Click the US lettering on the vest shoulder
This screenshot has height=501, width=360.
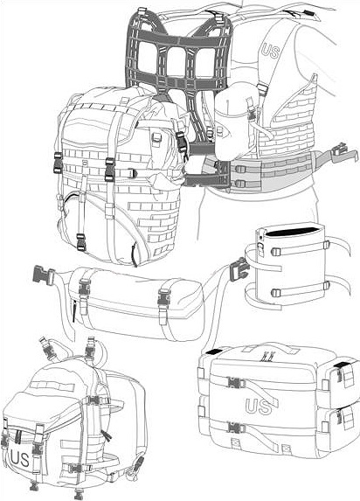click(x=270, y=51)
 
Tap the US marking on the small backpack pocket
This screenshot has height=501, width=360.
click(x=20, y=458)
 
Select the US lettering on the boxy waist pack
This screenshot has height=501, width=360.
click(x=260, y=406)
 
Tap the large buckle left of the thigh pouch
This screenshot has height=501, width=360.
click(x=239, y=270)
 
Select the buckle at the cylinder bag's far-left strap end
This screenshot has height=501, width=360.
click(x=44, y=275)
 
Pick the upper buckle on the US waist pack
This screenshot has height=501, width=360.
click(x=235, y=382)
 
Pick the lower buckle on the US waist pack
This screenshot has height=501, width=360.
click(x=235, y=428)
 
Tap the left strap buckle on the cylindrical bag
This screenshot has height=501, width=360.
click(x=85, y=288)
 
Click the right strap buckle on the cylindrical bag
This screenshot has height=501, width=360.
click(x=164, y=300)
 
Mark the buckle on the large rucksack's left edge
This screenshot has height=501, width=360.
click(x=59, y=163)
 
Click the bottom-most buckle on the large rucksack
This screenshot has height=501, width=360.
click(x=81, y=242)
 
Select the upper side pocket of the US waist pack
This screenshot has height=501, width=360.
click(x=339, y=378)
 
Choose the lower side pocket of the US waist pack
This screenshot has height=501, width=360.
click(x=339, y=422)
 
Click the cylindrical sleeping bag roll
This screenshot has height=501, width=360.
click(x=136, y=303)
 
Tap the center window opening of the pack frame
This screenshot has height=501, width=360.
click(x=177, y=62)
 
